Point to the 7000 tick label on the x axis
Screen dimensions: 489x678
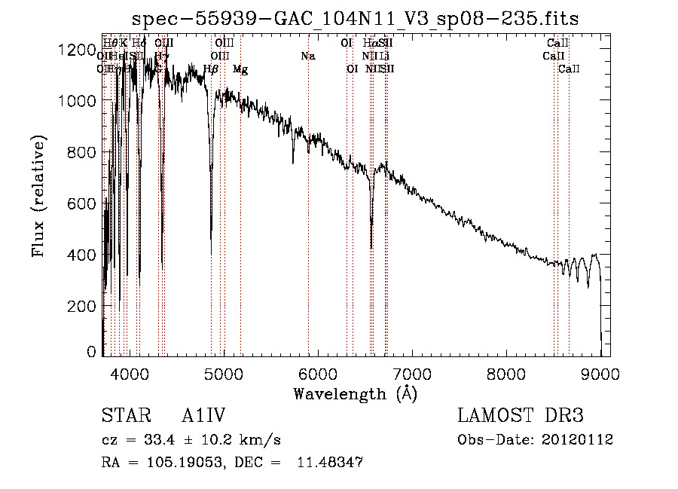click(x=412, y=374)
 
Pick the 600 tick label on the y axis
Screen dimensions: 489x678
click(x=82, y=203)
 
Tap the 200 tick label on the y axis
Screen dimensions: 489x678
click(x=82, y=306)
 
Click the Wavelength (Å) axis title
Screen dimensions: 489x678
click(x=356, y=393)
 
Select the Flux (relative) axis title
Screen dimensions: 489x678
click(x=38, y=196)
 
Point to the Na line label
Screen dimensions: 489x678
click(x=307, y=56)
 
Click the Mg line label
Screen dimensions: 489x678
click(x=240, y=69)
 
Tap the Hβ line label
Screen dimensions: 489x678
click(x=211, y=69)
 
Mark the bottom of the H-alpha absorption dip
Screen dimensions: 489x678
click(x=371, y=247)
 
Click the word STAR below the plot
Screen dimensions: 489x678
click(x=122, y=416)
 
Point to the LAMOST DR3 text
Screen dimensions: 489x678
click(x=521, y=416)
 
